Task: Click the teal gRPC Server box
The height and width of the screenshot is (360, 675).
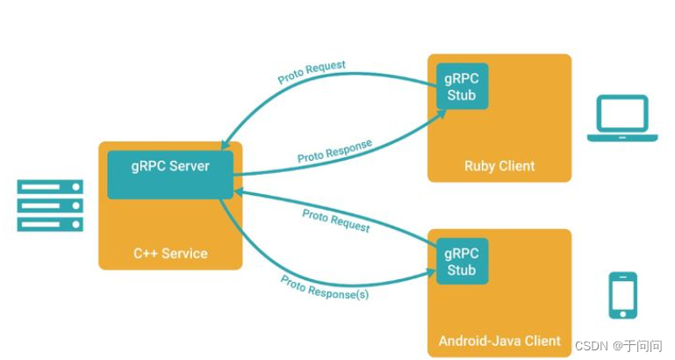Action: (170, 174)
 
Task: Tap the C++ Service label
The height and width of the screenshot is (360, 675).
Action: (170, 254)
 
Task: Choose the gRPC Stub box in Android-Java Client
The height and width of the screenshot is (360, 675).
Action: (462, 261)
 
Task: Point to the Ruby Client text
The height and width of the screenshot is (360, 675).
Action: (499, 166)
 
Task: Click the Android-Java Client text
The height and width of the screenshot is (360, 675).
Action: (499, 341)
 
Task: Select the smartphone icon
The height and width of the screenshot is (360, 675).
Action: (622, 295)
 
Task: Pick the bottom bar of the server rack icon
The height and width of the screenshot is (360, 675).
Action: (50, 224)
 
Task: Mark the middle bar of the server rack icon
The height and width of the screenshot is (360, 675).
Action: (50, 205)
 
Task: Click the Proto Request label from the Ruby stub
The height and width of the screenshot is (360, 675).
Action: (312, 72)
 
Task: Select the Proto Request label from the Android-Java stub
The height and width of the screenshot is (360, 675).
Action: (335, 220)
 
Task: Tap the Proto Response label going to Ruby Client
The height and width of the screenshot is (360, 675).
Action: (334, 150)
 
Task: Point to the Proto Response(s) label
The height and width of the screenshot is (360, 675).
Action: (324, 287)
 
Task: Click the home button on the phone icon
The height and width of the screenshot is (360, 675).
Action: (622, 312)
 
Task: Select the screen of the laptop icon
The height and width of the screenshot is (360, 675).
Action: (622, 113)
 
